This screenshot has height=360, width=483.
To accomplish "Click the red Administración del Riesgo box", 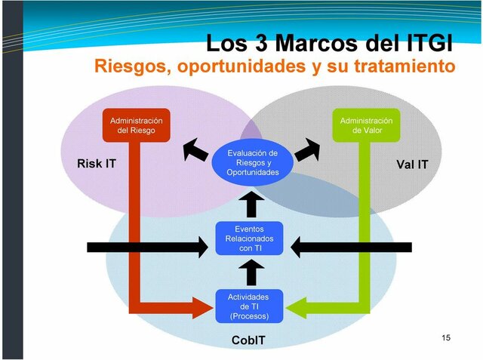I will (x=137, y=125).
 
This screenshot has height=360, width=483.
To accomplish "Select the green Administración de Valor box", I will (x=366, y=125).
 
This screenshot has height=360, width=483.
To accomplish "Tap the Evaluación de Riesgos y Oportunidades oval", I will (x=253, y=162).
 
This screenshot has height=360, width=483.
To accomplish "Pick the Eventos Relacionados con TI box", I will (x=249, y=238).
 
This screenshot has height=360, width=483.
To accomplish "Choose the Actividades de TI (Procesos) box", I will (x=249, y=306).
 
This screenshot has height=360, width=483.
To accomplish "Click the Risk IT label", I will (x=97, y=163).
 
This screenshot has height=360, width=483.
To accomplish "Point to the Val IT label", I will (x=412, y=164).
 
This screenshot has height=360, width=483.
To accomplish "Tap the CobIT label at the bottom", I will (x=248, y=340).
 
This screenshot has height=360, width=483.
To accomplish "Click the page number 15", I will (x=445, y=337).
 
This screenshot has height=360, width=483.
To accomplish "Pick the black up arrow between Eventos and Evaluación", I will (x=253, y=202).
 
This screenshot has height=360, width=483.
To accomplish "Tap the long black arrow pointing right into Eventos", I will (x=147, y=247).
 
